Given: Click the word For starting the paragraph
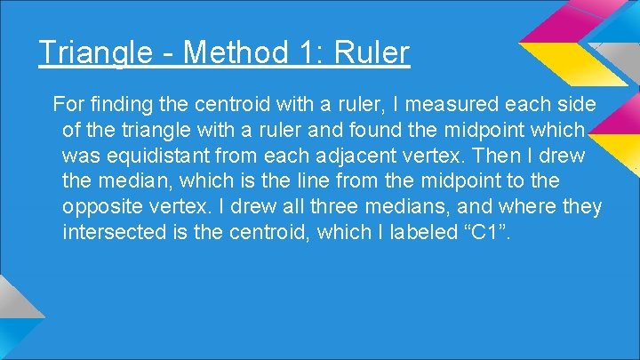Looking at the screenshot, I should [68, 105].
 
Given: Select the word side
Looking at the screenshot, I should [578, 105].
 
